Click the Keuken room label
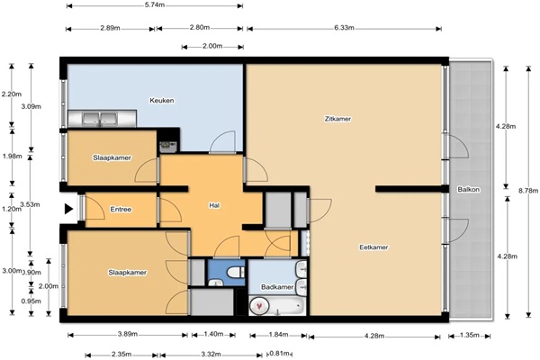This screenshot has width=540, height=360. [x=161, y=101]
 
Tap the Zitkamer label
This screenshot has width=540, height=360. [x=337, y=119]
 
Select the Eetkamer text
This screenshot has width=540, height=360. [x=373, y=247]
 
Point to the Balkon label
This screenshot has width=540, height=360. [x=468, y=190]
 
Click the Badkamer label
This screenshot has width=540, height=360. [x=277, y=286]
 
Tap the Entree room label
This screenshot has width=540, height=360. [x=121, y=209]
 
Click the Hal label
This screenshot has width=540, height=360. [x=214, y=206]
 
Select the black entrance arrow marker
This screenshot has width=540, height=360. [x=69, y=209]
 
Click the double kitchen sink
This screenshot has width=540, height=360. [x=100, y=119]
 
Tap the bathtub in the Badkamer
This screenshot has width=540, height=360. [x=277, y=306]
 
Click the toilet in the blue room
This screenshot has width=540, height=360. [x=236, y=272]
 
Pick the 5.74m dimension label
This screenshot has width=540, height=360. [x=155, y=5]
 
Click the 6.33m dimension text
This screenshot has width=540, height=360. [x=344, y=28]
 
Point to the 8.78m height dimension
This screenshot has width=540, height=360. [x=528, y=190]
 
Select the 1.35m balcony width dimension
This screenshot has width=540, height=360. [x=470, y=335]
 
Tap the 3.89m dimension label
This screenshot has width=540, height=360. [x=128, y=334]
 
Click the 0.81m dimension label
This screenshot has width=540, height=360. [x=281, y=354]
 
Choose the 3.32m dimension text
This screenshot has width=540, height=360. [x=211, y=354]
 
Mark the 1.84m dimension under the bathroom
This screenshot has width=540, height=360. [x=278, y=334]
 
